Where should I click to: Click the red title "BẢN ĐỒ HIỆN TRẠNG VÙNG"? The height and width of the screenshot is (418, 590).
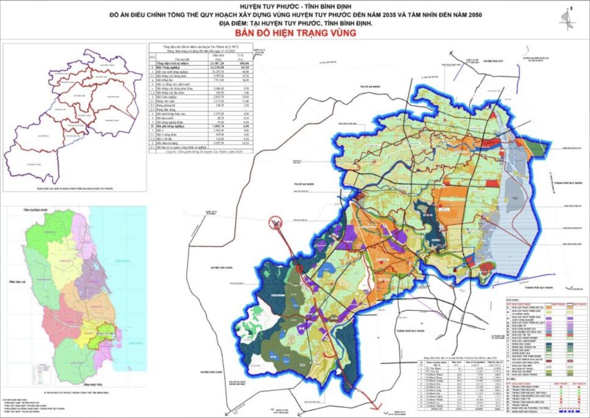[x=296, y=33]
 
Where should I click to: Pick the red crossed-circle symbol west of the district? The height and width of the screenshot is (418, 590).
[x=276, y=221]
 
